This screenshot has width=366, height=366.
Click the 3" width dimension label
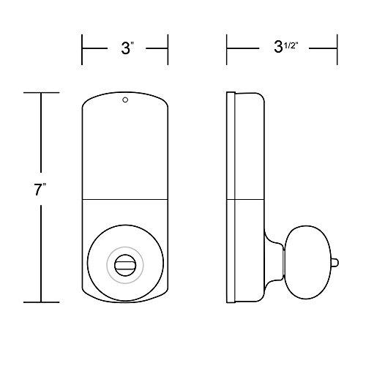tap(126, 50)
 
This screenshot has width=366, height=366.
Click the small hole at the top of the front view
tap(124, 100)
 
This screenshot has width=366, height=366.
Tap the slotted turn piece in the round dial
tap(125, 262)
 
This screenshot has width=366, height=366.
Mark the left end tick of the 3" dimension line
tap(81, 50)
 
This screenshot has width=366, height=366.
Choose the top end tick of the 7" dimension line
tap(40, 93)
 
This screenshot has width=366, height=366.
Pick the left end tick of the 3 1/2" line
tap(227, 50)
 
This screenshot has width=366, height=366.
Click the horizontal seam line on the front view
tap(124, 199)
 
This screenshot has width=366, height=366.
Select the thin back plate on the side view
tap(231, 198)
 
